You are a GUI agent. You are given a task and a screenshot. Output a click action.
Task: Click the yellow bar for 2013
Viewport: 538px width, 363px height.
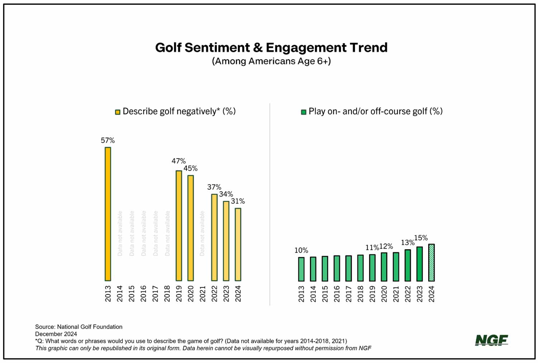pos(108,214)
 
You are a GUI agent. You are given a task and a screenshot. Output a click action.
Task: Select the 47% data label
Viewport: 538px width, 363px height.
pos(178,161)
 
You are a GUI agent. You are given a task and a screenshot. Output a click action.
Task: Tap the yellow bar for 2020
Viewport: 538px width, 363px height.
pos(190,228)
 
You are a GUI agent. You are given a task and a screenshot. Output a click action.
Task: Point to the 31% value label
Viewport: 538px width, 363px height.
pos(238,201)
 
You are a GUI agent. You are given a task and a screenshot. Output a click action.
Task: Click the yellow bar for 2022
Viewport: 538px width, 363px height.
pos(214,237)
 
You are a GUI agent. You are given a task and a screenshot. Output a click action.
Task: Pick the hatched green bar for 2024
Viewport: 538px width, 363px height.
pos(431,263)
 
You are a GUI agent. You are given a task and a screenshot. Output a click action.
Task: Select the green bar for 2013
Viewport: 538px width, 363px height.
pos(301,269)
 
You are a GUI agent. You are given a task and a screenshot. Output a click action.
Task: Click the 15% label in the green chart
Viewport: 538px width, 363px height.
pos(421,238)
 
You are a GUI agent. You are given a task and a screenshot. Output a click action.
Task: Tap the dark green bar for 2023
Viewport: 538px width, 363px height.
pos(419,264)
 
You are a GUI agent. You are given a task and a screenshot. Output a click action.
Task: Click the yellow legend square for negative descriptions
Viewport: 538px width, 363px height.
pos(118,112)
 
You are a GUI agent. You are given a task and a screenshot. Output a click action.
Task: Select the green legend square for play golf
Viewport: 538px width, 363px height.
pos(303,112)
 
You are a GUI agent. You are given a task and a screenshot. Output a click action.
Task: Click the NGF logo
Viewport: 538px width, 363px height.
pos(491,340)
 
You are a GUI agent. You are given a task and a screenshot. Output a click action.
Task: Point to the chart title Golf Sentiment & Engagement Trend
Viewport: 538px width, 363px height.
pos(271,47)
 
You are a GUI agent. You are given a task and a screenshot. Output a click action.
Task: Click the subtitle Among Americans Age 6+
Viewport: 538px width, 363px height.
pos(271,61)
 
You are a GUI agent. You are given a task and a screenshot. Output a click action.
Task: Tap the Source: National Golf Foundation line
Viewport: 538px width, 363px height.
pos(79,327)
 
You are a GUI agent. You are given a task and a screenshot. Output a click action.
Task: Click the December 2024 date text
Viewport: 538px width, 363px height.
pos(56,334)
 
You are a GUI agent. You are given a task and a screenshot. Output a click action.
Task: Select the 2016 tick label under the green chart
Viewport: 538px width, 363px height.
pos(337,293)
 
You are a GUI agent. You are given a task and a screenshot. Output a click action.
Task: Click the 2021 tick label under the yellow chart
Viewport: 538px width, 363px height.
pos(202,293)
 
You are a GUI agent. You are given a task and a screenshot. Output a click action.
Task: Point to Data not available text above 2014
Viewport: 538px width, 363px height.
pos(120,233)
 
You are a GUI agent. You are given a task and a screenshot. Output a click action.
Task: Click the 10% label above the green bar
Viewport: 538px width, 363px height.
pos(301,250)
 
